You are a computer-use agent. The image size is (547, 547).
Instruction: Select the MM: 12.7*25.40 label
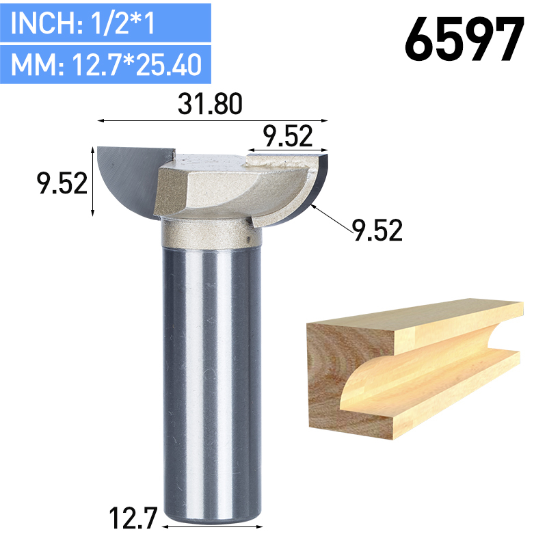tap(106, 65)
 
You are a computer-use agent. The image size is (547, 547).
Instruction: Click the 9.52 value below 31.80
tap(287, 136)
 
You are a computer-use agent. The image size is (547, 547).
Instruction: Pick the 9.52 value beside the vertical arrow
tap(62, 183)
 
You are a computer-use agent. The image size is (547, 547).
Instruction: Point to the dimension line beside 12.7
tap(211, 527)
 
